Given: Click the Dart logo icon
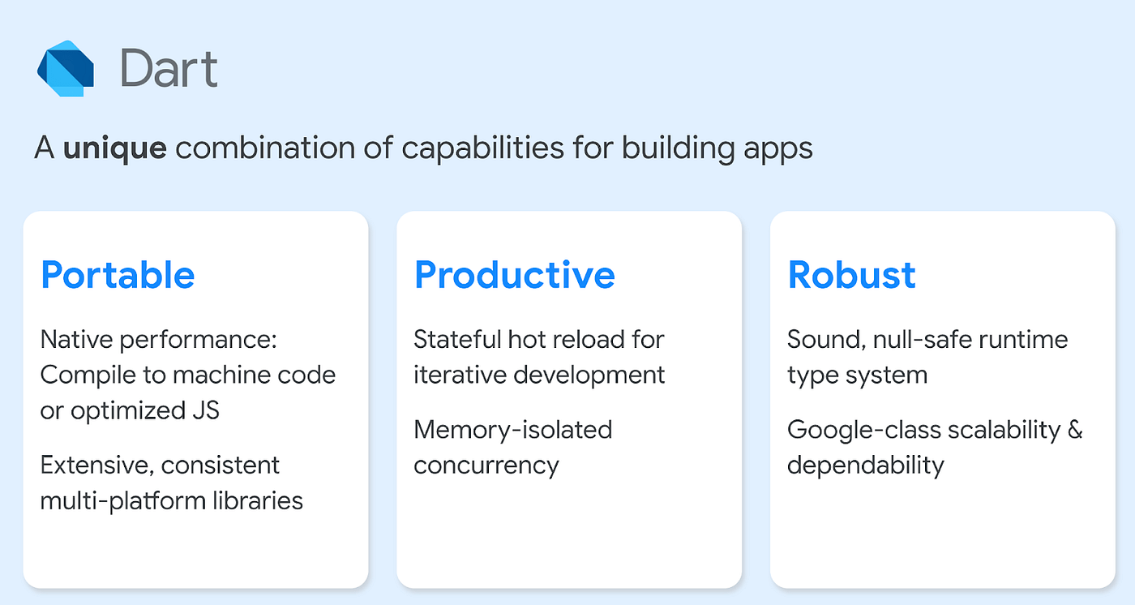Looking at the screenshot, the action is [x=66, y=68].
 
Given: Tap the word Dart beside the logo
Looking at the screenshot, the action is [x=169, y=68].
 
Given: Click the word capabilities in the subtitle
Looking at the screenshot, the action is [x=482, y=148].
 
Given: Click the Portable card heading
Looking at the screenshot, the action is [x=118, y=275].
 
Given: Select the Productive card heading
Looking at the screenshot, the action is [x=514, y=275].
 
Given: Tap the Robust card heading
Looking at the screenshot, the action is [x=851, y=275].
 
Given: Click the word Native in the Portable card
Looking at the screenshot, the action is [x=75, y=339].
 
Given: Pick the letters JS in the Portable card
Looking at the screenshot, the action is [x=206, y=410].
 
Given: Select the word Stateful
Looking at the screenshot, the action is [x=456, y=339].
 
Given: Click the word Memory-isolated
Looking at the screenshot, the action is [x=512, y=430].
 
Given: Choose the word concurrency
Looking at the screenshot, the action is [x=486, y=466].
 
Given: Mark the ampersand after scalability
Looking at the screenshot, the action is [x=1074, y=430].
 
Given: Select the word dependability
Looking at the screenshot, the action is [x=866, y=466].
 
